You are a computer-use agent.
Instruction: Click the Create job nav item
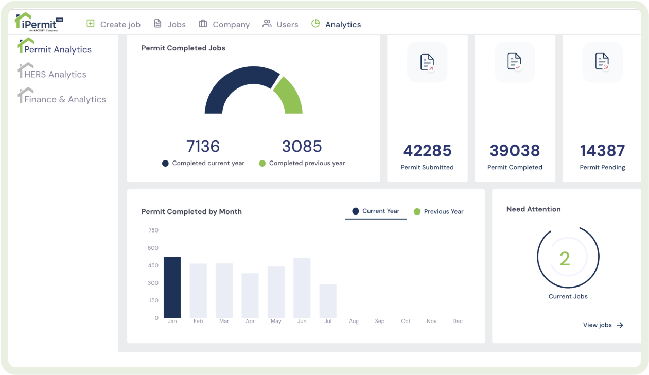click(x=114, y=24)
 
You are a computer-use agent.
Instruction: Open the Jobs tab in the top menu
click(x=169, y=24)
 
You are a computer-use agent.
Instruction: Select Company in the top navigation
click(x=224, y=24)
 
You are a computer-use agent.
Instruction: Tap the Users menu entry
click(x=280, y=24)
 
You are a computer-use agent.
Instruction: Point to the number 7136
click(x=203, y=146)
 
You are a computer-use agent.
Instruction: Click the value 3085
click(x=302, y=146)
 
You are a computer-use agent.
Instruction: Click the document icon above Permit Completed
click(x=515, y=62)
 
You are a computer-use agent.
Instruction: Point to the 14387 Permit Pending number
click(x=602, y=151)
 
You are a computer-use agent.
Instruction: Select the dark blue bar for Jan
click(x=172, y=288)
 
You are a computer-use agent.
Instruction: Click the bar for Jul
click(x=328, y=301)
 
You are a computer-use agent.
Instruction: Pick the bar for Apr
click(x=250, y=296)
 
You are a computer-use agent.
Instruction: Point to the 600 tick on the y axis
click(x=153, y=248)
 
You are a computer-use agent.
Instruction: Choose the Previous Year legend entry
click(x=438, y=212)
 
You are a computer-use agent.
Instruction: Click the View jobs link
click(x=603, y=325)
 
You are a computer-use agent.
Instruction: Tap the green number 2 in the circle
click(x=565, y=258)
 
